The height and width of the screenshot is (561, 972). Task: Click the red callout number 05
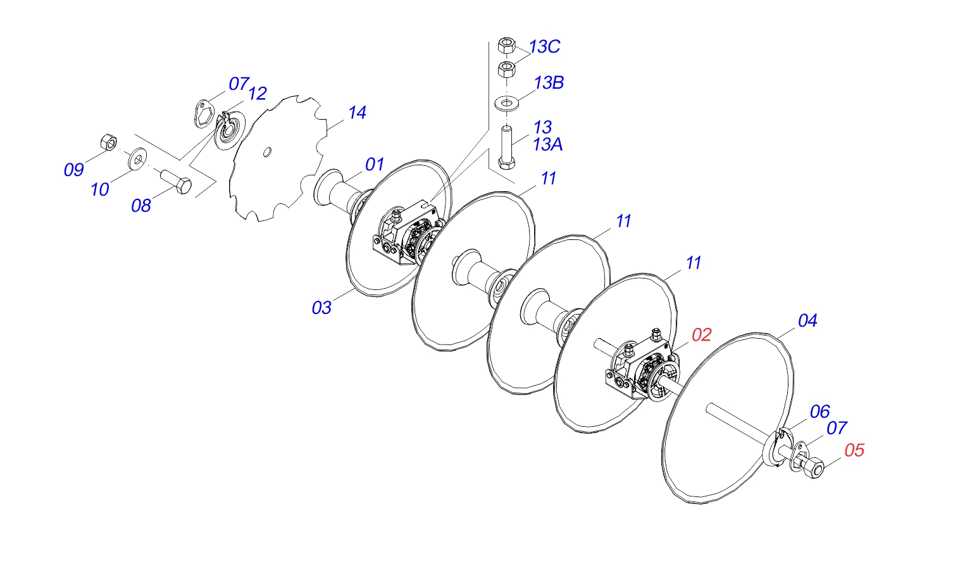point(854,450)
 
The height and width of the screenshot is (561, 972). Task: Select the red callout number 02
point(701,335)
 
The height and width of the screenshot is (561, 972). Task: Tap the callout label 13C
point(544,47)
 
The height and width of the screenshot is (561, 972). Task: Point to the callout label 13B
point(549,82)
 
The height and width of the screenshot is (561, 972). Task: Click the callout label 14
point(357,113)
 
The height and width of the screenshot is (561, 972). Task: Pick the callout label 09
point(74,170)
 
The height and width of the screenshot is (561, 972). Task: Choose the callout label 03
point(321,308)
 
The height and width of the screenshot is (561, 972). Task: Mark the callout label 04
point(807,321)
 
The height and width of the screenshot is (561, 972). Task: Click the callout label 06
point(819,412)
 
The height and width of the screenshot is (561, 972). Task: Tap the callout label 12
point(258,93)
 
